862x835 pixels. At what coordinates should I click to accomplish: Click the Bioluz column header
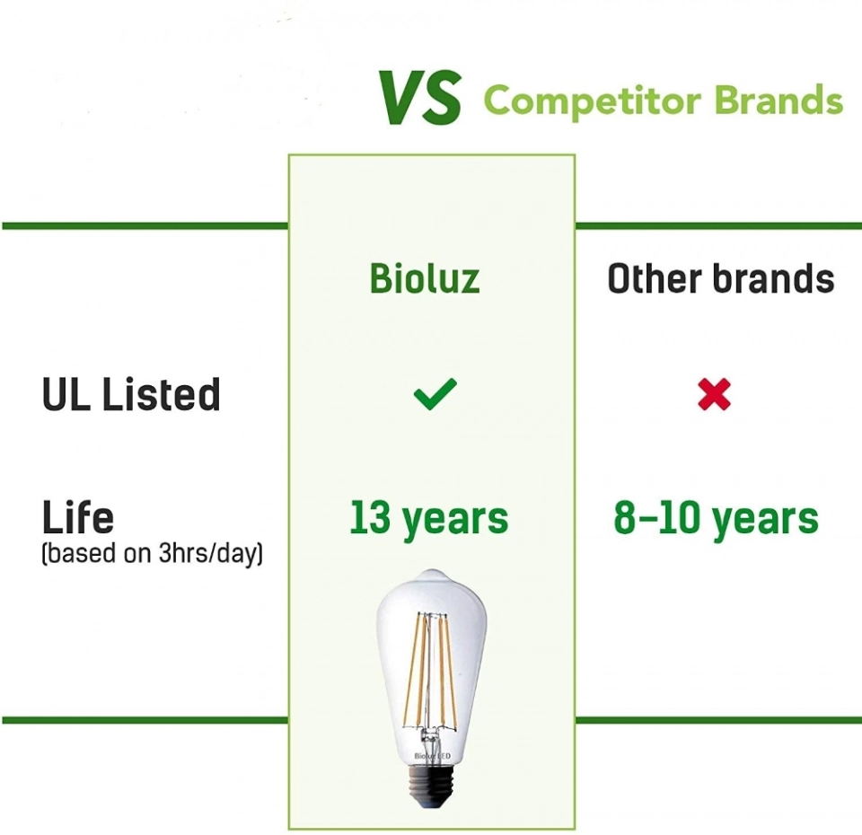coord(425,278)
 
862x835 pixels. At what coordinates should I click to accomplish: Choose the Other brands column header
coord(721,278)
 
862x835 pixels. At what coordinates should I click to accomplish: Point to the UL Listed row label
coord(131,395)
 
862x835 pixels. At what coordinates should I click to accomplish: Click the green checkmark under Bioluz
coord(435,393)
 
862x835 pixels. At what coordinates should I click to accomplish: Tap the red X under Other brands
coord(714,394)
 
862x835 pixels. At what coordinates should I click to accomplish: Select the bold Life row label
coord(78,517)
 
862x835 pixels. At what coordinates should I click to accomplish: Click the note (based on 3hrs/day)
coord(152,553)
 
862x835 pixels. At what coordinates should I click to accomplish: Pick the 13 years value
coord(428,518)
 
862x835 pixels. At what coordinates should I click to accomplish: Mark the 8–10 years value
coord(716,518)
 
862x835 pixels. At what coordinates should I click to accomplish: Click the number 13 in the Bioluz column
coord(369,518)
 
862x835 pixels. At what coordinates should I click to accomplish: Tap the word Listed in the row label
coord(161,395)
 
